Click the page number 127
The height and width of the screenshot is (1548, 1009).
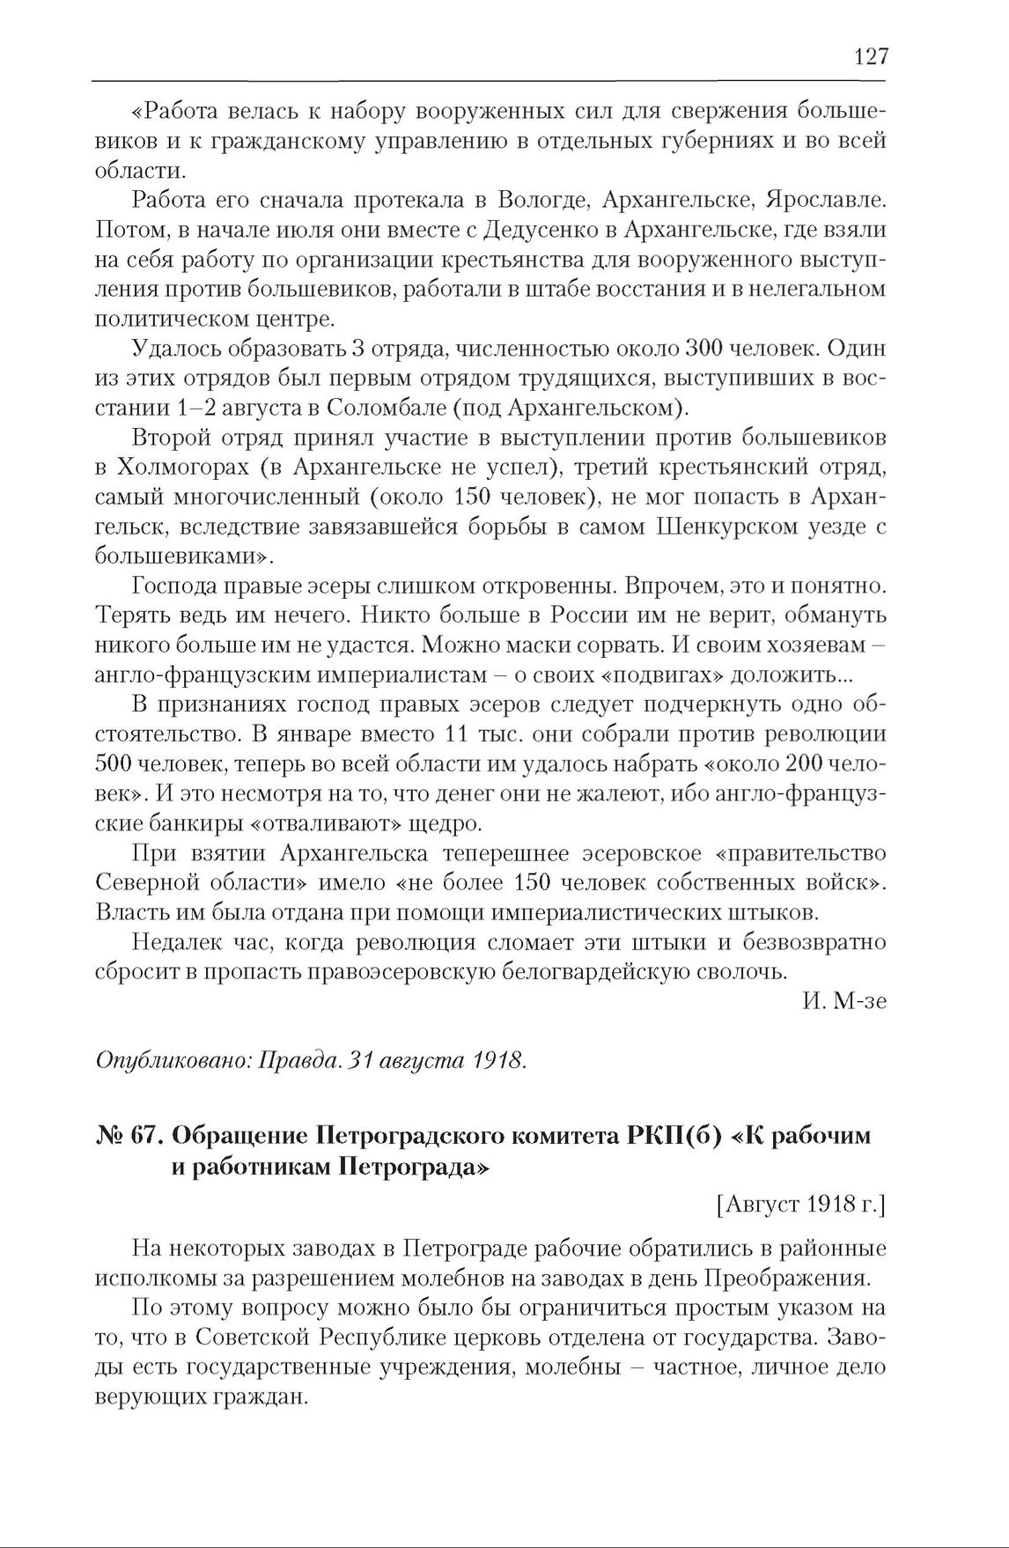(x=871, y=57)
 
